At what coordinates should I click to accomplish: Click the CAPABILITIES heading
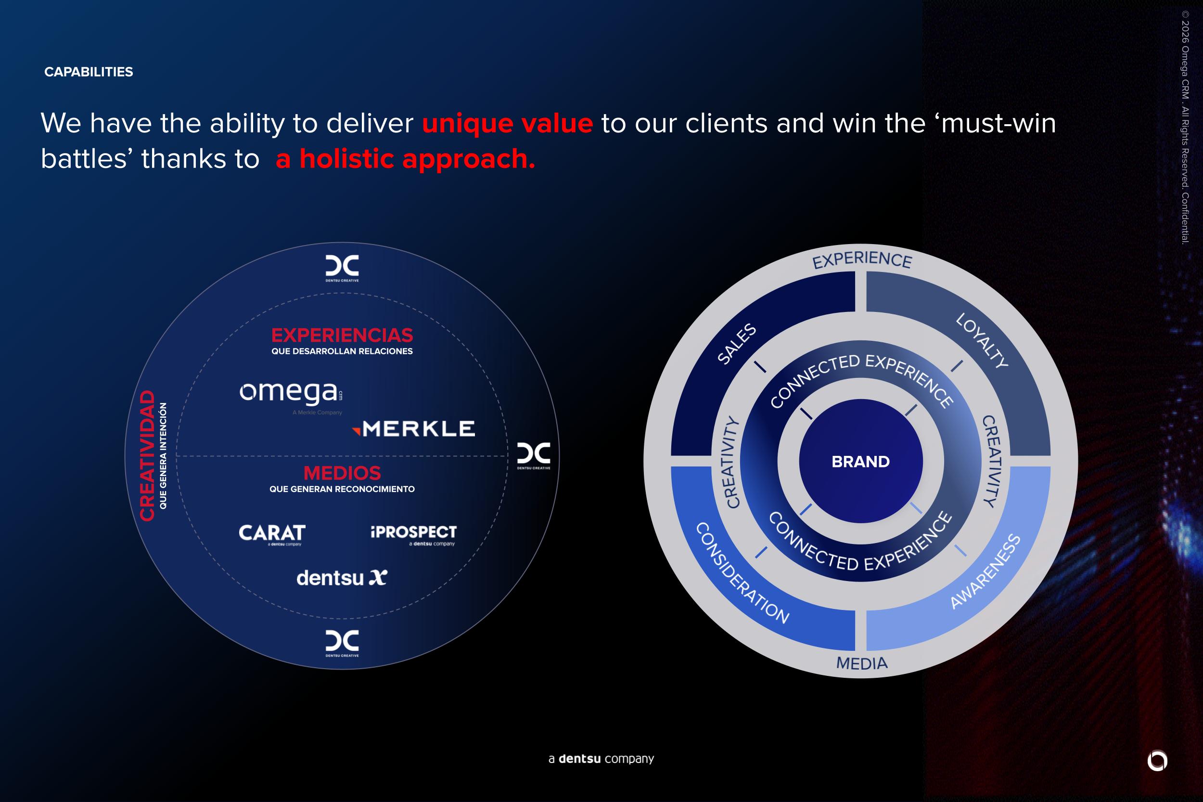89,72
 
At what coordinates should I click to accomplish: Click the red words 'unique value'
507,123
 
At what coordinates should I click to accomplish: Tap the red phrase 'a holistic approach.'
406,159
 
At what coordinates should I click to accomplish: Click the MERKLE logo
414,428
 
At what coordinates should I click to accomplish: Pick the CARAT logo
272,535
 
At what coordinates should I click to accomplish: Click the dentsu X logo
342,578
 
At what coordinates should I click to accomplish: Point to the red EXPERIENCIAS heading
342,335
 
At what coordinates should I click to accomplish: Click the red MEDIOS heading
342,473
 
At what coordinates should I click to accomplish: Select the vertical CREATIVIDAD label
147,456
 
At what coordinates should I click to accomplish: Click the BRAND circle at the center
861,461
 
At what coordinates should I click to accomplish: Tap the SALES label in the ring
737,344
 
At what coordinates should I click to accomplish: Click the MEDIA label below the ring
862,664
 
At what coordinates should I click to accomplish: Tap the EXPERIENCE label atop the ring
862,260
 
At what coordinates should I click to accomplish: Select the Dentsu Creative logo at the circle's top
342,268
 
